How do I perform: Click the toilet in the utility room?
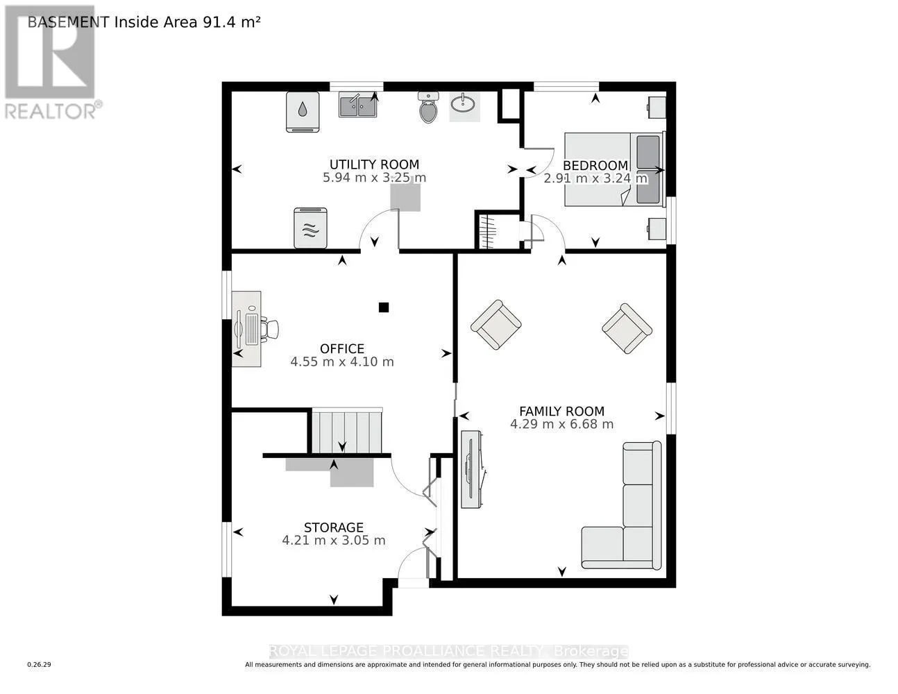429,108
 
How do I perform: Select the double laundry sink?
358,105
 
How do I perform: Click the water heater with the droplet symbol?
303,112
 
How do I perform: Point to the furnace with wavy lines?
310,228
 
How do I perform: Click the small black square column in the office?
384,307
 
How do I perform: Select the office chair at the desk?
270,329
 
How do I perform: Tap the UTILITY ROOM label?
375,164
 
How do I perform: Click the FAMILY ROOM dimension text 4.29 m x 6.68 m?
561,424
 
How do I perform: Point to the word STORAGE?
334,527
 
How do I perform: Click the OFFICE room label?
342,348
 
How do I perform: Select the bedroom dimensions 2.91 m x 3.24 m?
595,178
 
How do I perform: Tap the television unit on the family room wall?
472,469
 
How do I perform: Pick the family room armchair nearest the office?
496,325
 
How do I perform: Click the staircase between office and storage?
346,430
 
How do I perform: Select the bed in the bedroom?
614,169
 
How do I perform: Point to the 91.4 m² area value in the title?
231,22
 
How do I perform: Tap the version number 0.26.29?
40,665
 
